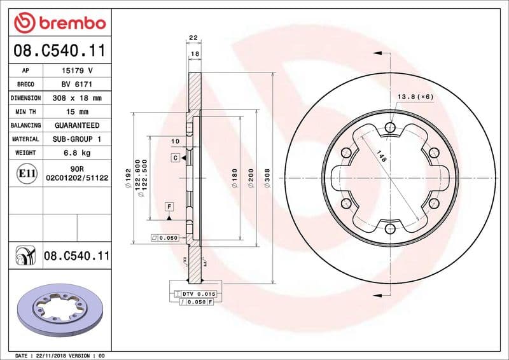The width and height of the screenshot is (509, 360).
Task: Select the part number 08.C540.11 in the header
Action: pos(59,50)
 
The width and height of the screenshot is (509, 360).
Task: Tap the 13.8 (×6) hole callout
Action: pos(415,97)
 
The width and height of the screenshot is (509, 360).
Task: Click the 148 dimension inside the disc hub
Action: pos(381,158)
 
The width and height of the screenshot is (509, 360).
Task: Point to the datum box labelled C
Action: pos(175,156)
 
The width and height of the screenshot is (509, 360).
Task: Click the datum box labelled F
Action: pos(169,207)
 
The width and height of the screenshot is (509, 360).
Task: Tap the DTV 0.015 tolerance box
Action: pos(199,293)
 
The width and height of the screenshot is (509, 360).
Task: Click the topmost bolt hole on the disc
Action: pos(390,128)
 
